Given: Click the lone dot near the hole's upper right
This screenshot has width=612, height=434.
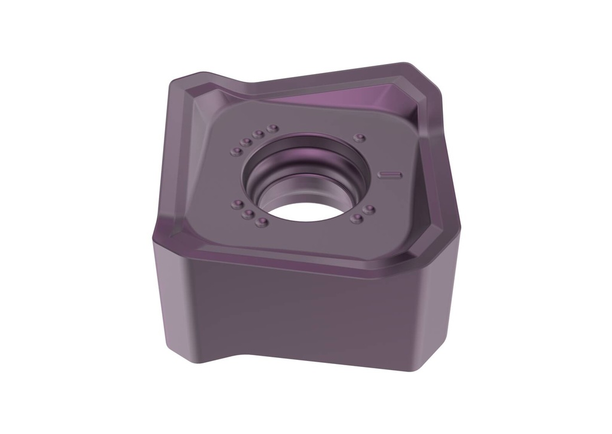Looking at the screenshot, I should (359, 138).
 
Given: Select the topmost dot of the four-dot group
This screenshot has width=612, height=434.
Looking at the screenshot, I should (273, 129).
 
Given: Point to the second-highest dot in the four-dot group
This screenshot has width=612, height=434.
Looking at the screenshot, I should (258, 134).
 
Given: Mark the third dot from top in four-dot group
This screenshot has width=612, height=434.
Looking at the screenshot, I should (246, 142).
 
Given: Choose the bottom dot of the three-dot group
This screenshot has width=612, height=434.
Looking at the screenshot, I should (261, 222).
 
